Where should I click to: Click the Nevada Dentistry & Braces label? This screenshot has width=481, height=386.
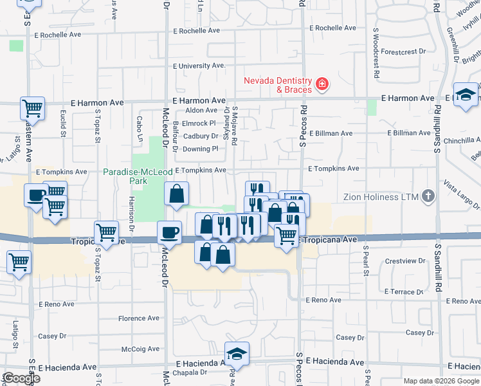pyautogui.click(x=277, y=85)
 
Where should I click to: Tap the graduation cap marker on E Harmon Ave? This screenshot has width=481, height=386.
pyautogui.click(x=465, y=95)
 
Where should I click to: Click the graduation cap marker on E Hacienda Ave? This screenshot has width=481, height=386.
pyautogui.click(x=237, y=354)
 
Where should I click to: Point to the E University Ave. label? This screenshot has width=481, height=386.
pyautogui.click(x=199, y=66)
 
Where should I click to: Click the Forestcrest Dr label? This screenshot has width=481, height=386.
pyautogui.click(x=404, y=51)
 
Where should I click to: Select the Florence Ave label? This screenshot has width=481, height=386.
pyautogui.click(x=138, y=318)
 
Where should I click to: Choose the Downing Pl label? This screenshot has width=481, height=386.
pyautogui.click(x=196, y=149)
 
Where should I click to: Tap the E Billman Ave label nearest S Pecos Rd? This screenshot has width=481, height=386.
pyautogui.click(x=331, y=133)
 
